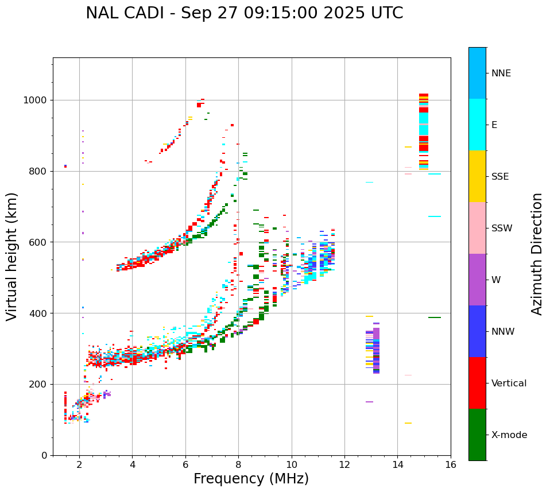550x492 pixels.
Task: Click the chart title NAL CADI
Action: click(244, 13)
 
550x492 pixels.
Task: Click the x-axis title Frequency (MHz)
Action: click(251, 479)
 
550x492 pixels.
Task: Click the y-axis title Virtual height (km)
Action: click(12, 257)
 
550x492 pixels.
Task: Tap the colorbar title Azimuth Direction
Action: click(537, 254)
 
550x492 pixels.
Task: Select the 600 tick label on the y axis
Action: click(37, 242)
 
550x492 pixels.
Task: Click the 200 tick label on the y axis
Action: click(37, 384)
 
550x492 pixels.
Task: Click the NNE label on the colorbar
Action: click(501, 73)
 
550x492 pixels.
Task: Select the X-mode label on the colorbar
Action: click(509, 435)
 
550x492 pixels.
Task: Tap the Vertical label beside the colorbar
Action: click(509, 383)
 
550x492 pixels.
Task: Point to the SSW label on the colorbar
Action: click(502, 228)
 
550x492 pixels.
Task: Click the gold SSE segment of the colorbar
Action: click(477, 176)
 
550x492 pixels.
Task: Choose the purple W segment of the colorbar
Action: click(477, 280)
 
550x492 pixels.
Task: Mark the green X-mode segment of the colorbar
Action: click(477, 435)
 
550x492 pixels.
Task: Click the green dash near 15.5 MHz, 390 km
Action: click(435, 317)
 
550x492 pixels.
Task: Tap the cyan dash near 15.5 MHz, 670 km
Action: click(435, 216)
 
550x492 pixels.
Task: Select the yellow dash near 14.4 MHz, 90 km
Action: click(408, 423)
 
